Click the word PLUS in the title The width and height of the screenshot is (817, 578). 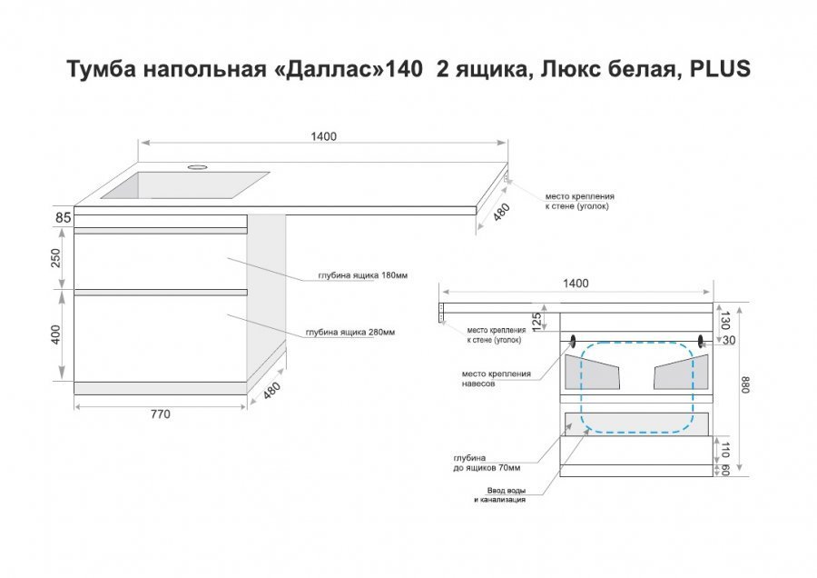(720, 68)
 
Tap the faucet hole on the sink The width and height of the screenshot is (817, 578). (198, 167)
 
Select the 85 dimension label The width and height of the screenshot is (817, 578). (63, 217)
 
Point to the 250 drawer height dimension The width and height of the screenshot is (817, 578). (55, 258)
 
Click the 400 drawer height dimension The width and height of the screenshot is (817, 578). (55, 334)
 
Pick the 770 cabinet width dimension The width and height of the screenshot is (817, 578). (160, 414)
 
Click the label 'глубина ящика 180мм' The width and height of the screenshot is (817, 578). (362, 275)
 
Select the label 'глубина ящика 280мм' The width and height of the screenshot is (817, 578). (350, 332)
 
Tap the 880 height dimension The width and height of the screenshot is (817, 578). (745, 384)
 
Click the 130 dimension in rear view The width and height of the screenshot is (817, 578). (724, 320)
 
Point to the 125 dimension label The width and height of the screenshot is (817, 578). (536, 322)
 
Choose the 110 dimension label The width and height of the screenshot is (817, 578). (724, 450)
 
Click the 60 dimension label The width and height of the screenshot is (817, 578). (724, 470)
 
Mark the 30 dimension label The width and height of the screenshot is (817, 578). (729, 340)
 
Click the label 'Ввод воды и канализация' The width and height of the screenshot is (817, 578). (500, 495)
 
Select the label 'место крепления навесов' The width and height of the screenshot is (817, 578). (496, 378)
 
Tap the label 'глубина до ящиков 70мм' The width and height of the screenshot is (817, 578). (487, 463)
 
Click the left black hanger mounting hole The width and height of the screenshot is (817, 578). (574, 341)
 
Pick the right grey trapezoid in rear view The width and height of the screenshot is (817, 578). (681, 373)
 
